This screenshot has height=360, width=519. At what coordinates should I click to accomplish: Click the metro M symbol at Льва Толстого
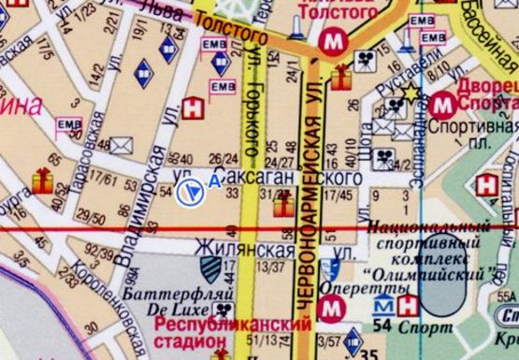pos(332,41)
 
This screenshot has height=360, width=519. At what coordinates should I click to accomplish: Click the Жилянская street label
pos(238,249)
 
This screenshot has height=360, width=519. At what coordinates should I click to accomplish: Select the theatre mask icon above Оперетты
pos(328,269)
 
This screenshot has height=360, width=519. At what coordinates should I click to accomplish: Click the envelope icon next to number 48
pos(123,145)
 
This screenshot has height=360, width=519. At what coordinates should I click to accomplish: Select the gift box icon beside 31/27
pos(280,209)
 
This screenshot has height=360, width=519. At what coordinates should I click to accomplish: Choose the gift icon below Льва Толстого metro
pos(338,69)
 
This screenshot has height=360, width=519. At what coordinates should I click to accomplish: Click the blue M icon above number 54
pos(383,306)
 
